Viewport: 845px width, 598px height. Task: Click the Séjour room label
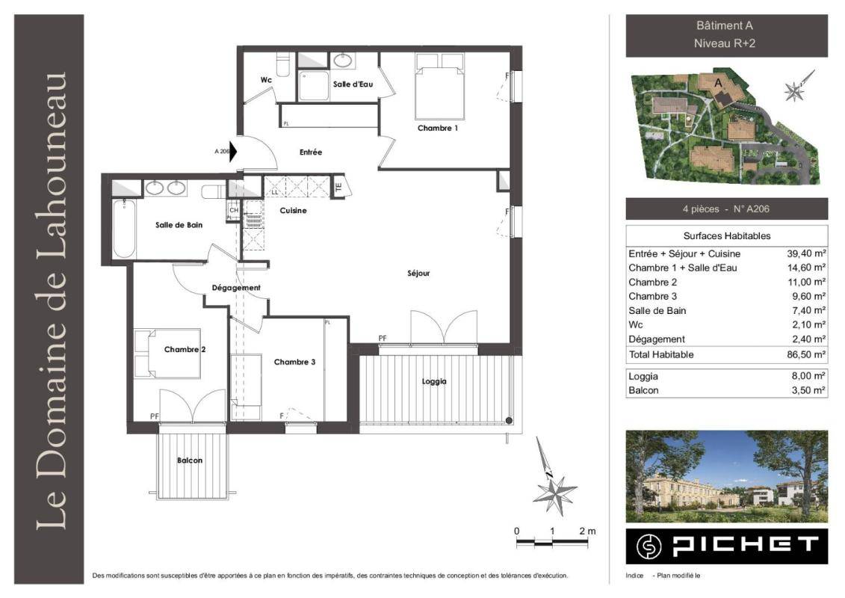[418, 274]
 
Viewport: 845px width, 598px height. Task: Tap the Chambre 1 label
[438, 129]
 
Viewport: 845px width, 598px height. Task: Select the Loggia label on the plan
[434, 382]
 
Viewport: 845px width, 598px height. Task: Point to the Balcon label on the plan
[190, 460]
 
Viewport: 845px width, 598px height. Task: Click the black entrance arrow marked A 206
[233, 152]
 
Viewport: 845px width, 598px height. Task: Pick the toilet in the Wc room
[283, 64]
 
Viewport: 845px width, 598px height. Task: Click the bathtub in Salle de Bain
[124, 229]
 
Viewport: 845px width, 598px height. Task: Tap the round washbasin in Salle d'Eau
[342, 60]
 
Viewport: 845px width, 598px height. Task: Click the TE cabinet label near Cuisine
[338, 187]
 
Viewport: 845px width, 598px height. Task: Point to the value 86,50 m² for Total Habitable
[806, 355]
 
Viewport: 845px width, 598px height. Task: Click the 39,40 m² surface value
[806, 253]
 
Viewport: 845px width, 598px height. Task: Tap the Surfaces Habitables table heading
[726, 235]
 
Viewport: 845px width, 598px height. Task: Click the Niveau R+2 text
[724, 43]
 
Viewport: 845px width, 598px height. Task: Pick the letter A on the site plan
[718, 83]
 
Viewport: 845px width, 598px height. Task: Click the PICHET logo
[726, 546]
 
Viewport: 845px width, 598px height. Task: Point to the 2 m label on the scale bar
[587, 531]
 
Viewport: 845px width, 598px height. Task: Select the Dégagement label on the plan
[236, 288]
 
